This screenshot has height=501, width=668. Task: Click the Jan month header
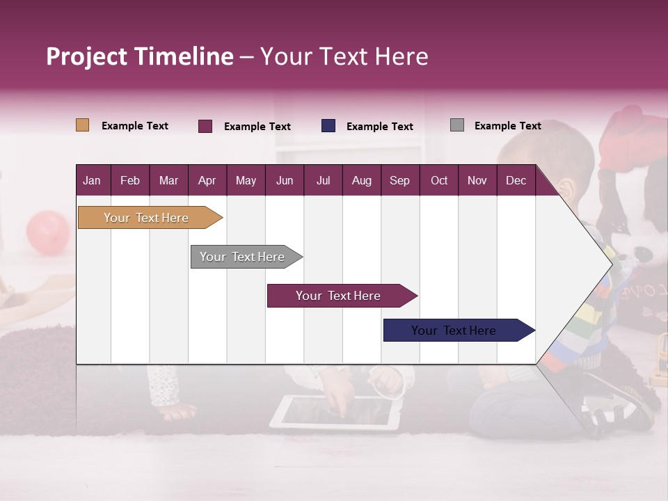(x=92, y=180)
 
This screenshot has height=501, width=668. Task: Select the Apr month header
(x=207, y=180)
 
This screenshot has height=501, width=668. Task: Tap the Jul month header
(x=323, y=180)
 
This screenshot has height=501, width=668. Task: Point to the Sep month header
(x=399, y=180)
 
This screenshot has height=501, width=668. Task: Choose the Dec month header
(x=516, y=180)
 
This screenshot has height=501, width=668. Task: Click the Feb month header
(x=130, y=180)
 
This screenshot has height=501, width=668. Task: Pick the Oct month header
(x=439, y=180)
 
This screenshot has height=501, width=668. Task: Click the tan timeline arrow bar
(x=147, y=218)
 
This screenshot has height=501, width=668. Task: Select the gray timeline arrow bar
(x=243, y=257)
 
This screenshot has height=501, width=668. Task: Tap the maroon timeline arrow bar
(x=339, y=296)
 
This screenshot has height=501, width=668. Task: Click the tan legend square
(x=82, y=125)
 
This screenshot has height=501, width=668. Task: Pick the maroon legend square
(x=205, y=126)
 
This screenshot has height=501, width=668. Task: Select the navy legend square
(x=328, y=126)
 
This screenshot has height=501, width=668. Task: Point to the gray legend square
(x=457, y=125)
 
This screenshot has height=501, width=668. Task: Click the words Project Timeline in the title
(x=140, y=56)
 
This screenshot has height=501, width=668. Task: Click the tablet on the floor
(x=336, y=412)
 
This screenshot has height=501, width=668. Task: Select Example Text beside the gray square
(x=507, y=126)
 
